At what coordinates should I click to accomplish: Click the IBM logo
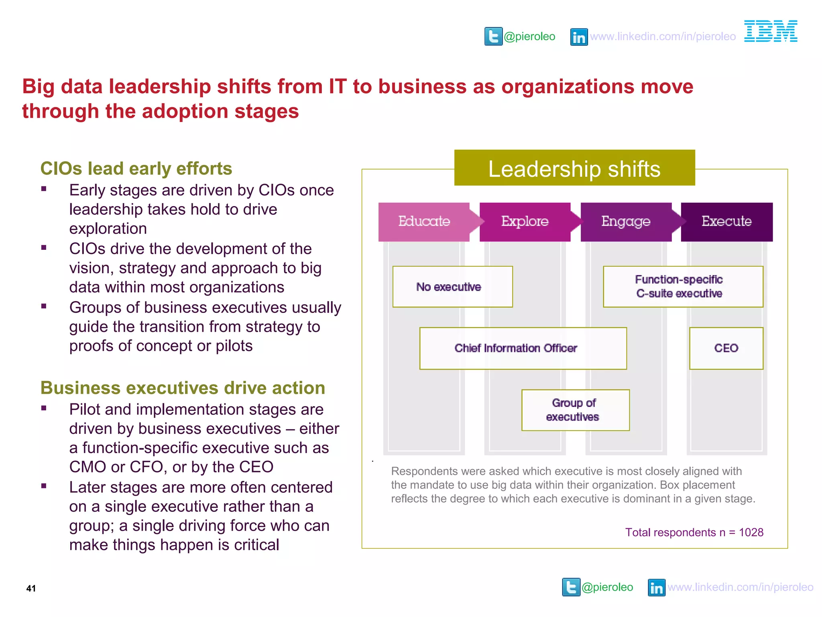[x=771, y=31]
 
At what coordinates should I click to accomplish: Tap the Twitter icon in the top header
[x=493, y=37]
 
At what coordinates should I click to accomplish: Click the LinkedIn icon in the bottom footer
[x=657, y=588]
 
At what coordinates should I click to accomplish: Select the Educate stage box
[x=424, y=221]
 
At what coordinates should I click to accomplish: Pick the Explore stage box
[x=525, y=221]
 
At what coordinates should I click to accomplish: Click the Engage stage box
[x=626, y=221]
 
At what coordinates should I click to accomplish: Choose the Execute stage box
[x=726, y=221]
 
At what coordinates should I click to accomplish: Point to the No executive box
[x=452, y=287]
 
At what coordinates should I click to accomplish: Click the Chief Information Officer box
[x=523, y=348]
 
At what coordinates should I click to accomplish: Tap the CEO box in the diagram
[x=726, y=348]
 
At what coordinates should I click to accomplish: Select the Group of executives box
[x=575, y=410]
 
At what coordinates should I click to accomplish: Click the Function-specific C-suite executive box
[x=683, y=287]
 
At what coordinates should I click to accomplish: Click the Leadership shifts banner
[x=574, y=168]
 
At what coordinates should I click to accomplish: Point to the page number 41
[x=31, y=588]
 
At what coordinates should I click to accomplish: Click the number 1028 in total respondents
[x=751, y=533]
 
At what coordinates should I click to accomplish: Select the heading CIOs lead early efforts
[x=136, y=169]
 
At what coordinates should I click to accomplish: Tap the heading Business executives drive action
[x=183, y=388]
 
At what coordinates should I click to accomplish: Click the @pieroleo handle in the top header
[x=529, y=37]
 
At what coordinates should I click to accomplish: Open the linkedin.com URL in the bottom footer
[x=740, y=587]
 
